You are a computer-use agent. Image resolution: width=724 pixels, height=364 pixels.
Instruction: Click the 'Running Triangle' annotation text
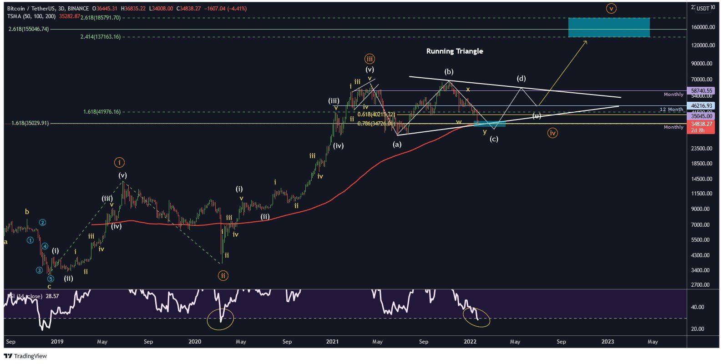(454, 51)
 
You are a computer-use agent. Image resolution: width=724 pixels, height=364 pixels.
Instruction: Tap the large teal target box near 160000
(608, 28)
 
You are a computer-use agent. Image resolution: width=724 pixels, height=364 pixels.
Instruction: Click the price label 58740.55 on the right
(701, 91)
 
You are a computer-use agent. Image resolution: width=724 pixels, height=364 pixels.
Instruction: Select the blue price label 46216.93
(701, 105)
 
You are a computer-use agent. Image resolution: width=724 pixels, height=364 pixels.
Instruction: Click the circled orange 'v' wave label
(612, 8)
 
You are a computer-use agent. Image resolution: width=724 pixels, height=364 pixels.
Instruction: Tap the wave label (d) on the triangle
(521, 79)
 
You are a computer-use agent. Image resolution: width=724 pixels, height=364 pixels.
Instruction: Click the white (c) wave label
(494, 139)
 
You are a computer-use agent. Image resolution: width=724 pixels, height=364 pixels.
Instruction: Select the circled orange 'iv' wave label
(552, 133)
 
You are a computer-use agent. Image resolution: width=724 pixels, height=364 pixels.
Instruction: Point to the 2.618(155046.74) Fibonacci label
(28, 29)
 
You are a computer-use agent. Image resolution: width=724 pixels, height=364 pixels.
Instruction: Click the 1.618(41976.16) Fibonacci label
(102, 112)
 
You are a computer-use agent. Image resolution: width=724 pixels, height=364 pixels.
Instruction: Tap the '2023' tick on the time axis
(608, 342)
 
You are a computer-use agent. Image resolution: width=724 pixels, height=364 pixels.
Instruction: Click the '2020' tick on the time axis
(194, 342)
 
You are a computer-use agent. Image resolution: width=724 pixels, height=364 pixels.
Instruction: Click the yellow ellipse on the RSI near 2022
(477, 318)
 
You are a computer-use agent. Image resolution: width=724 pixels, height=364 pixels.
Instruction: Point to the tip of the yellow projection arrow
(587, 41)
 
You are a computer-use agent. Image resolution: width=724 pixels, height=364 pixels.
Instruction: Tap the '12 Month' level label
(672, 110)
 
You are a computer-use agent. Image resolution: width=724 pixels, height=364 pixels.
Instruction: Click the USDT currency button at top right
(703, 8)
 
